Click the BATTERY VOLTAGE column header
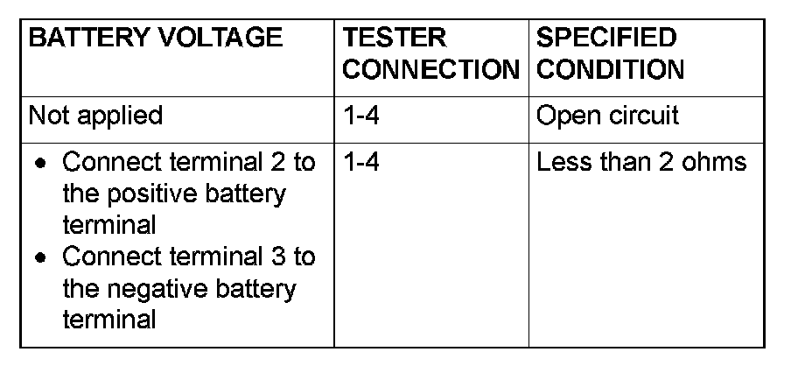click(x=156, y=38)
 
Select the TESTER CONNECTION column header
click(x=430, y=54)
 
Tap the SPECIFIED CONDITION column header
click(x=610, y=54)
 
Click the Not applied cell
click(x=95, y=116)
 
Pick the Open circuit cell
click(x=607, y=116)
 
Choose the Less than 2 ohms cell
click(x=640, y=162)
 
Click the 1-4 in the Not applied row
click(x=360, y=116)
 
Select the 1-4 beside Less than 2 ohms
click(x=360, y=162)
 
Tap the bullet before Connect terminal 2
click(x=40, y=164)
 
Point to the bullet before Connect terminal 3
click(x=40, y=258)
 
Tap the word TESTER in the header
click(x=394, y=38)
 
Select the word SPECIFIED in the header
click(x=605, y=38)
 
